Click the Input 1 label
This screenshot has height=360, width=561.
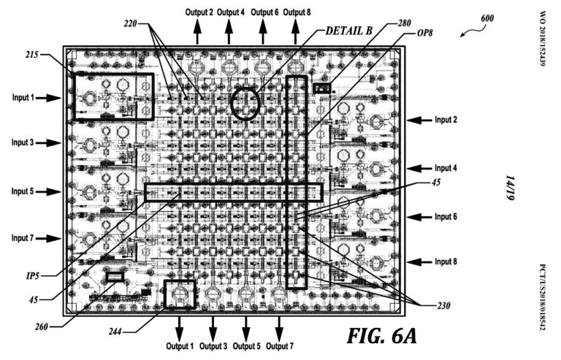tap(23, 97)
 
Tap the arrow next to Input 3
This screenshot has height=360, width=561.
tap(49, 143)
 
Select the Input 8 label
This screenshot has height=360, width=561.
tap(446, 261)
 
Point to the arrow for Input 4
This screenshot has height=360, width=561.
tap(419, 169)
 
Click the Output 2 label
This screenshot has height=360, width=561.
tap(199, 12)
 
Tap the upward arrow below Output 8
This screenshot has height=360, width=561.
tap(296, 31)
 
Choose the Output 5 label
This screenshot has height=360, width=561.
tap(246, 346)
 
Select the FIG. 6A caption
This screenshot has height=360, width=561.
tap(382, 336)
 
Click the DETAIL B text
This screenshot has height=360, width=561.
tap(349, 31)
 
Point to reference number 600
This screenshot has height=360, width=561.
tap(487, 18)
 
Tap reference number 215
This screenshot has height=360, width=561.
tap(32, 55)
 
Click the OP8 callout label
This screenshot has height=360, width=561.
tap(425, 33)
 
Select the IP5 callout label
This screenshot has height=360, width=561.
tap(33, 276)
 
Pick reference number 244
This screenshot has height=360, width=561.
tap(115, 332)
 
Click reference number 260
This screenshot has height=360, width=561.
tap(42, 326)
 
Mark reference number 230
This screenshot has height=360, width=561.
tap(443, 306)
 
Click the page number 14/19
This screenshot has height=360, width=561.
tap(510, 188)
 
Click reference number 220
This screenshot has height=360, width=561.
tap(131, 24)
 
